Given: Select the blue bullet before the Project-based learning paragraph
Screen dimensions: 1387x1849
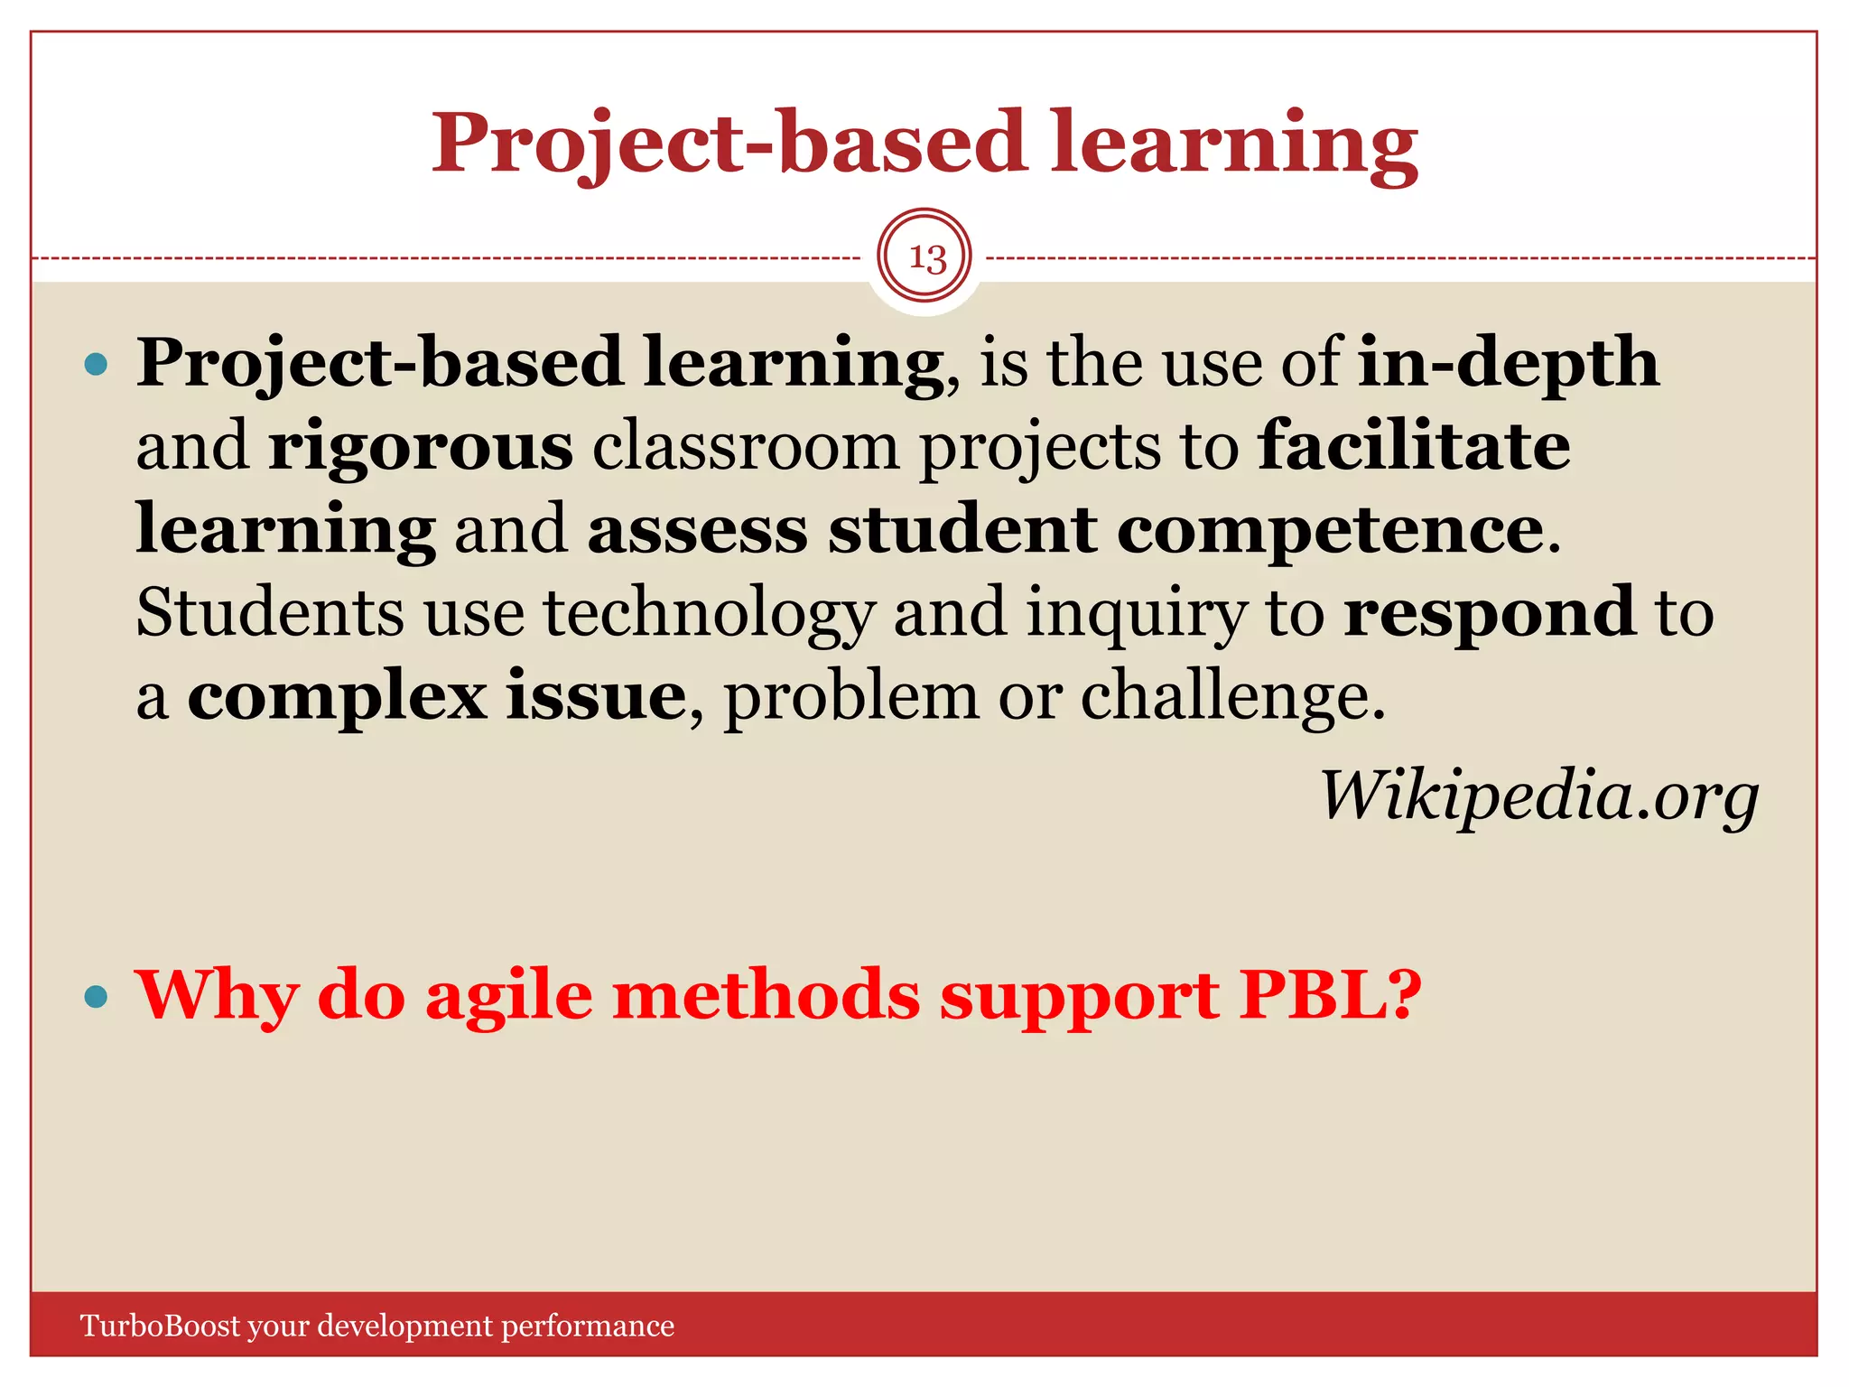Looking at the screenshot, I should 95,366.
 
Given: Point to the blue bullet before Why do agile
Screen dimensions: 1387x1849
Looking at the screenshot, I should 95,998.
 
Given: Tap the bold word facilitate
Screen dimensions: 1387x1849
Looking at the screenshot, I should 1414,445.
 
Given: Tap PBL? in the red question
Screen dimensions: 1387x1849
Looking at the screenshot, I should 1331,995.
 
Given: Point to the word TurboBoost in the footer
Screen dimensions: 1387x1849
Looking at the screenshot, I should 161,1326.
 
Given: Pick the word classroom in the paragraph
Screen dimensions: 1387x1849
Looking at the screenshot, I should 746,445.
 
